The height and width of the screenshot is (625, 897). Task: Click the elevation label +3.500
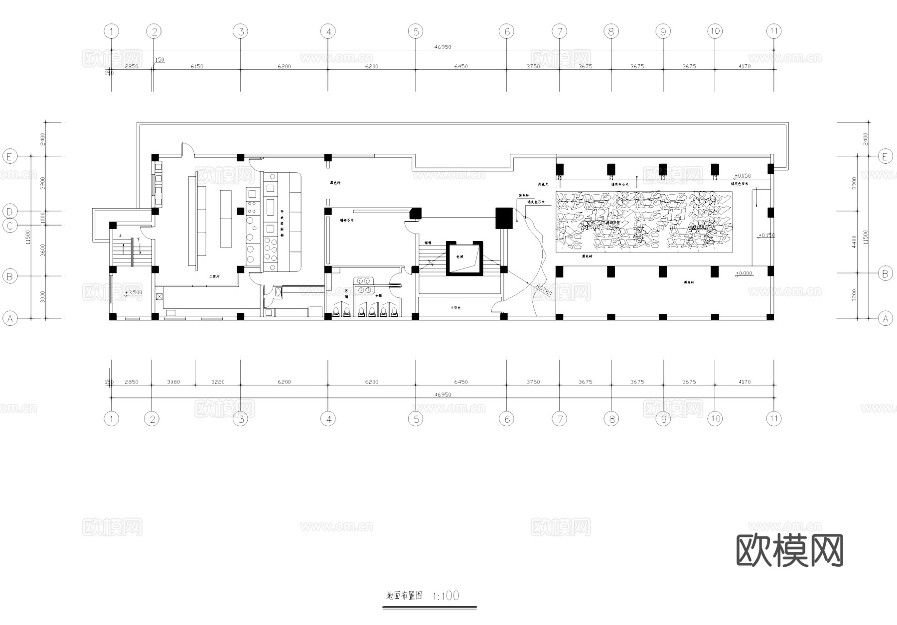134,293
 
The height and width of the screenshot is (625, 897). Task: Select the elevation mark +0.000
744,273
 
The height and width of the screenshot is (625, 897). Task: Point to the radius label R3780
545,291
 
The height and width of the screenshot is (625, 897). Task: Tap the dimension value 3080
173,382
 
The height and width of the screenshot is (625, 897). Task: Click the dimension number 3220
218,382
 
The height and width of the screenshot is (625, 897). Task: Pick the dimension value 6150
197,66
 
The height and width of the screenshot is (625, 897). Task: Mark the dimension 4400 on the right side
854,242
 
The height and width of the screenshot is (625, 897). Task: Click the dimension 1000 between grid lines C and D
42,218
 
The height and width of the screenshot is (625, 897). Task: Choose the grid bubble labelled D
9,211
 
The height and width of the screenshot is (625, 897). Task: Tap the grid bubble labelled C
9,226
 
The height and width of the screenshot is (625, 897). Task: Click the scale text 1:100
446,596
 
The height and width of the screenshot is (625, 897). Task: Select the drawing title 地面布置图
404,596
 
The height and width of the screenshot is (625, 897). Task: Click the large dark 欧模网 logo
789,550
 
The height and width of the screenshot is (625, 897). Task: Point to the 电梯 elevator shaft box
464,258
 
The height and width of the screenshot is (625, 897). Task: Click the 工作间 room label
214,276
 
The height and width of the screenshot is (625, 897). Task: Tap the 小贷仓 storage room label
455,308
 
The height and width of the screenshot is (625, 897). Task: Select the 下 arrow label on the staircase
138,240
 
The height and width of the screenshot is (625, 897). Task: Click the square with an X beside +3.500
159,296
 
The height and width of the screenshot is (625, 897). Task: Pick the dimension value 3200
854,295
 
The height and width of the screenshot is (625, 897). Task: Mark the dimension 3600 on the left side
42,250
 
